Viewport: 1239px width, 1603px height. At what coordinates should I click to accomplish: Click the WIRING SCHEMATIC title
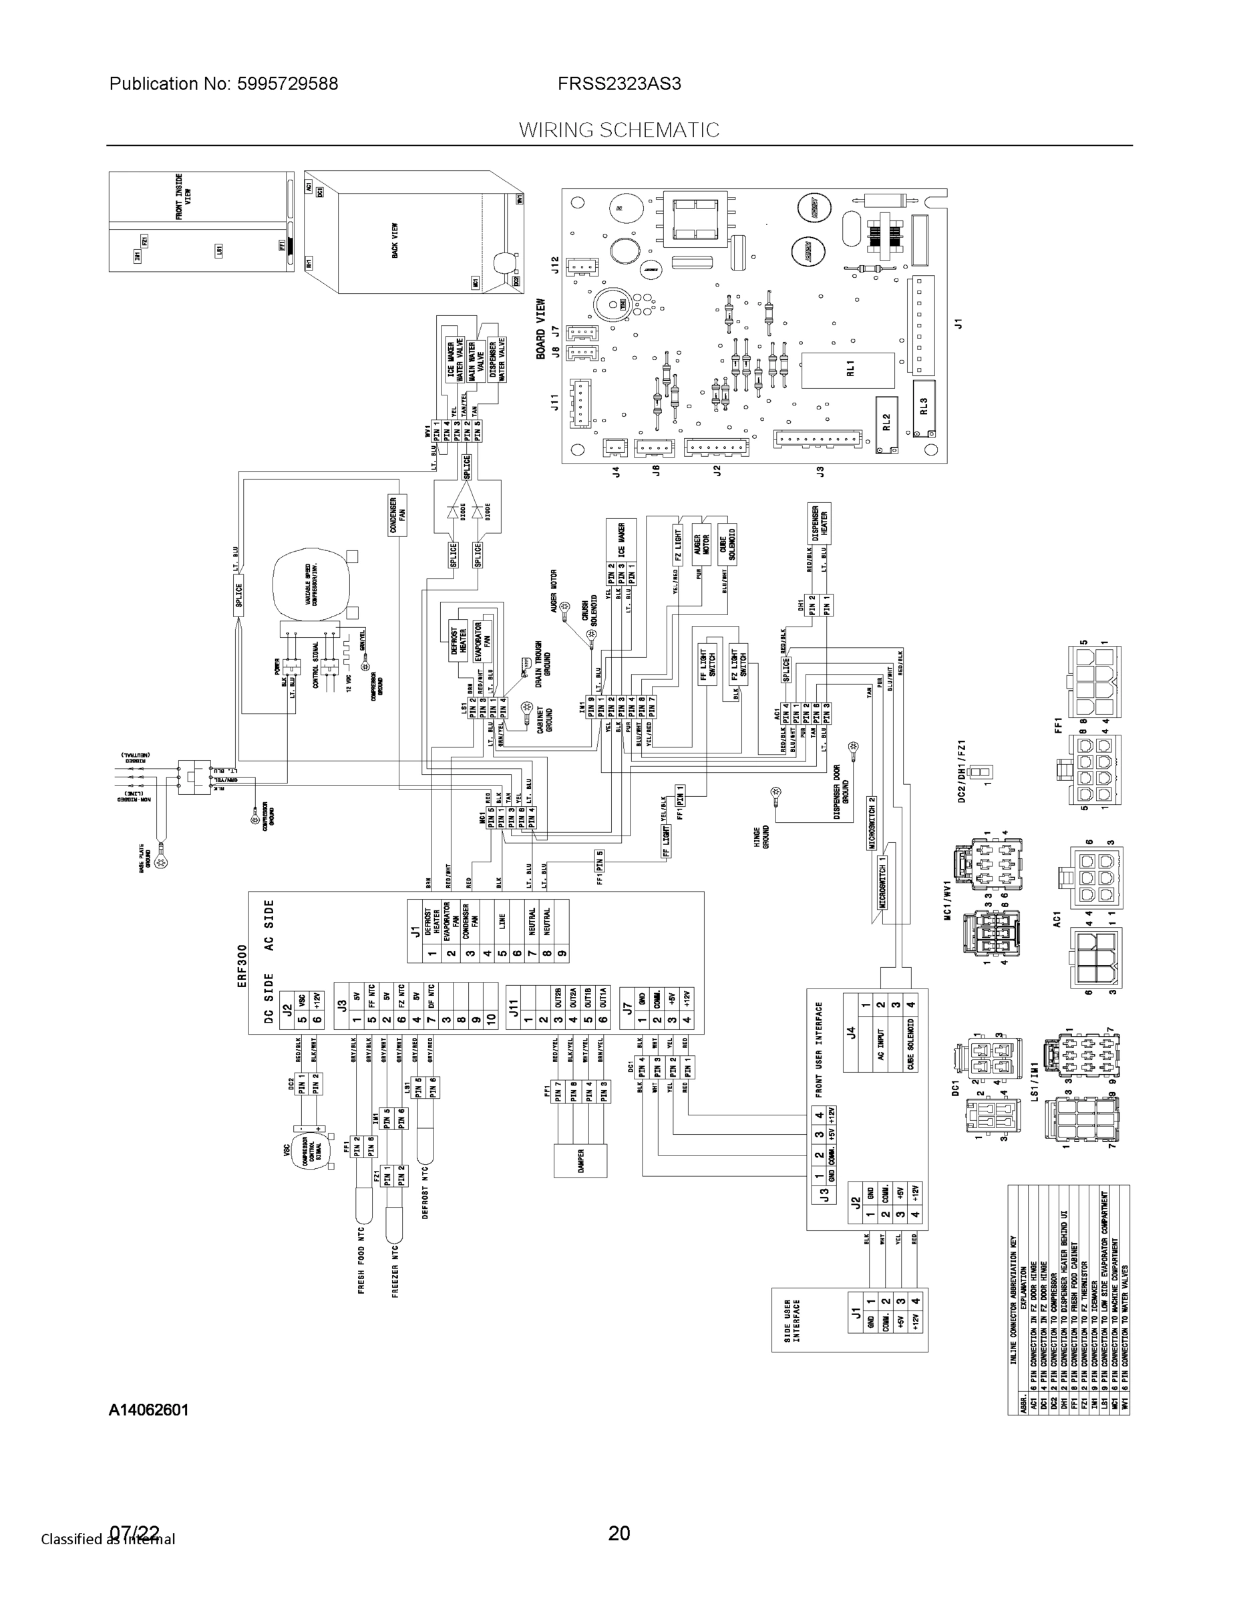click(x=618, y=130)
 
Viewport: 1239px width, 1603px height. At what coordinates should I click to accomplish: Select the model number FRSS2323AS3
click(x=618, y=83)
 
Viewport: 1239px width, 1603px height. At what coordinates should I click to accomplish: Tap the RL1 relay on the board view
click(x=848, y=370)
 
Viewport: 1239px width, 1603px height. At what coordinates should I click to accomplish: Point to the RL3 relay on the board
click(x=924, y=406)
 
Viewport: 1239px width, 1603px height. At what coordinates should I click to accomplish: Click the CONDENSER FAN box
click(x=397, y=514)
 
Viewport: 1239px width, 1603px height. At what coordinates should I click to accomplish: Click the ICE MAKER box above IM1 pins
click(x=621, y=540)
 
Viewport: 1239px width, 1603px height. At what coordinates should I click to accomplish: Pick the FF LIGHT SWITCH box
click(x=707, y=665)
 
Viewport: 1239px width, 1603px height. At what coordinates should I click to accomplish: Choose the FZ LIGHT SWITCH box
click(x=739, y=665)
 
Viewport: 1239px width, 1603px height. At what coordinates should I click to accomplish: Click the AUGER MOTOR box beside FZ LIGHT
click(x=702, y=544)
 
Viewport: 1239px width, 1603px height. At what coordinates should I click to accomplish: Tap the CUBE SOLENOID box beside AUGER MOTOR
click(x=727, y=544)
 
